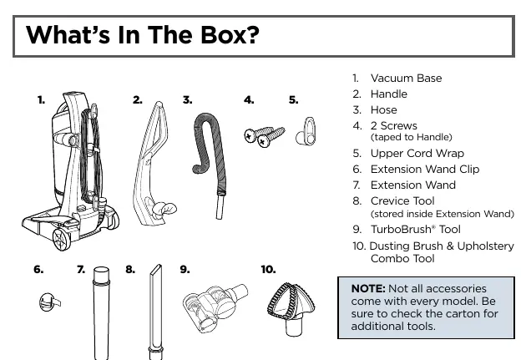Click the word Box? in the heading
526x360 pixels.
230,34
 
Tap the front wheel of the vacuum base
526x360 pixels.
62,239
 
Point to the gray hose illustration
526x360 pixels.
210,165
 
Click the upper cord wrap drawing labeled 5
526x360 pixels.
306,131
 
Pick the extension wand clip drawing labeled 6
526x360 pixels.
49,302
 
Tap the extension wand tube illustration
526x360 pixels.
101,312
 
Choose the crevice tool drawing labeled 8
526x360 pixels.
155,312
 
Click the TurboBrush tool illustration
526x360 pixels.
215,307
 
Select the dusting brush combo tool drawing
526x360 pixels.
291,309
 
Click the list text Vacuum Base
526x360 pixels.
406,79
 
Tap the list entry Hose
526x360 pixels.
384,110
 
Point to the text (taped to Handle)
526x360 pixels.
412,137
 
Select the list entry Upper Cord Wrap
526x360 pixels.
417,154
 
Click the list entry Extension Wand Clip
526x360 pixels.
425,169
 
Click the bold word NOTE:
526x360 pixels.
368,288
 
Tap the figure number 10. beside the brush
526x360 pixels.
268,270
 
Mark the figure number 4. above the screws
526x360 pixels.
249,100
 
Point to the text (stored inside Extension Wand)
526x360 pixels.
443,214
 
